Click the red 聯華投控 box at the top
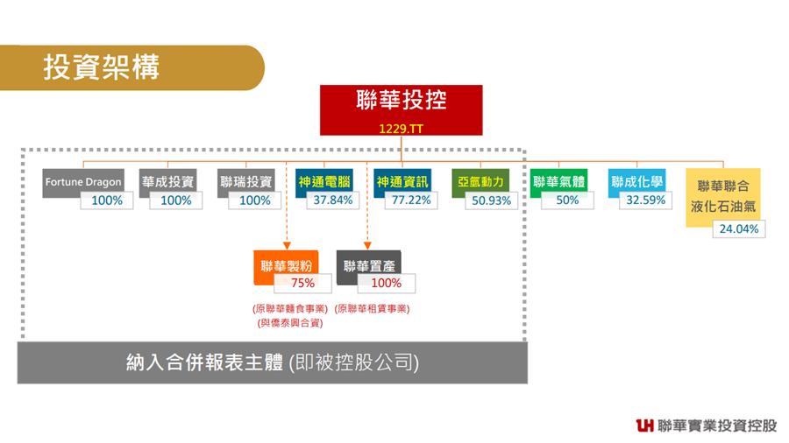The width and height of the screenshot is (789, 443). tap(401, 110)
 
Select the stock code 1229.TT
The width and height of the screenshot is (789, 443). tap(401, 129)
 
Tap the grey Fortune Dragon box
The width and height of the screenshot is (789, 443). tap(83, 183)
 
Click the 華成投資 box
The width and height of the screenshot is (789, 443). tap(167, 183)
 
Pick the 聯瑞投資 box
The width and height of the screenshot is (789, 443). tap(246, 183)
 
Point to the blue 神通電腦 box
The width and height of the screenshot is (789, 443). tap(323, 183)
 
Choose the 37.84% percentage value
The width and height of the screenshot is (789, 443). tap(332, 200)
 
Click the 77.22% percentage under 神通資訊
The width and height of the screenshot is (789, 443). tap(411, 200)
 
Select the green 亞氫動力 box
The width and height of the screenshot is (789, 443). tap(480, 183)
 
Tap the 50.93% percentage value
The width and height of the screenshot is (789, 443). tap(491, 200)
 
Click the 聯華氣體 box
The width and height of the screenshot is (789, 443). tap(558, 183)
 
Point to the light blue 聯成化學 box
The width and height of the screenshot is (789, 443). tap(636, 183)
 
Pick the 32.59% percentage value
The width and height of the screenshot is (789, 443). tap(645, 200)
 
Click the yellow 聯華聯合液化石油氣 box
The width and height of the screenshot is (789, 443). tap(723, 197)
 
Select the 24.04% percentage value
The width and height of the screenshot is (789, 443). tap(739, 229)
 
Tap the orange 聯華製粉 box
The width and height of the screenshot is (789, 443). tap(287, 267)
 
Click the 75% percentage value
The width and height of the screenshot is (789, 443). tap(302, 283)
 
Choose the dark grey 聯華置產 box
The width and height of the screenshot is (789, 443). tap(369, 267)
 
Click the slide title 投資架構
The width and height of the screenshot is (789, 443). tap(101, 67)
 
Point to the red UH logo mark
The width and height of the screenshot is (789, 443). tap(644, 425)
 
